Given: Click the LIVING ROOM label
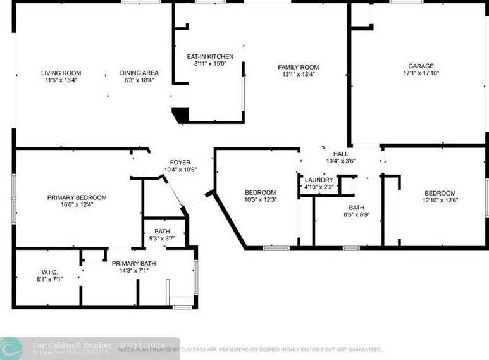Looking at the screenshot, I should [x=61, y=73].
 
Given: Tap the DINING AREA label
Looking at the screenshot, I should [x=139, y=73].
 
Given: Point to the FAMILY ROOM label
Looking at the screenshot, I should [x=298, y=67].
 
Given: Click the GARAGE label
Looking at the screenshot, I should [x=421, y=66].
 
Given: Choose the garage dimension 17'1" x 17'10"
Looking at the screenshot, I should [x=421, y=73].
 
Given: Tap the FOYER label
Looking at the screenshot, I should [x=180, y=163].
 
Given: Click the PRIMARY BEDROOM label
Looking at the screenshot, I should [x=77, y=197].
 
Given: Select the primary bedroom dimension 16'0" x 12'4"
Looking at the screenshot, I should [x=77, y=205].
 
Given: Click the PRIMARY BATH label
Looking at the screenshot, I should [x=133, y=264].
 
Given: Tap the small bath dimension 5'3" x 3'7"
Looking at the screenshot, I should [x=162, y=239].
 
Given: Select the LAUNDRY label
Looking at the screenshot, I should [x=319, y=180].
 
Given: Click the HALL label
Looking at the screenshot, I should [x=340, y=154].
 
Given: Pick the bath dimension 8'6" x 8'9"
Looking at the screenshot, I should [x=356, y=215].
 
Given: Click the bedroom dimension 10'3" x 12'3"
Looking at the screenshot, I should [x=260, y=200].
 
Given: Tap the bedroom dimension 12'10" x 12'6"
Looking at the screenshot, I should [x=440, y=201].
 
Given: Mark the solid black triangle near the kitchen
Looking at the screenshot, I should [x=182, y=115].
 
